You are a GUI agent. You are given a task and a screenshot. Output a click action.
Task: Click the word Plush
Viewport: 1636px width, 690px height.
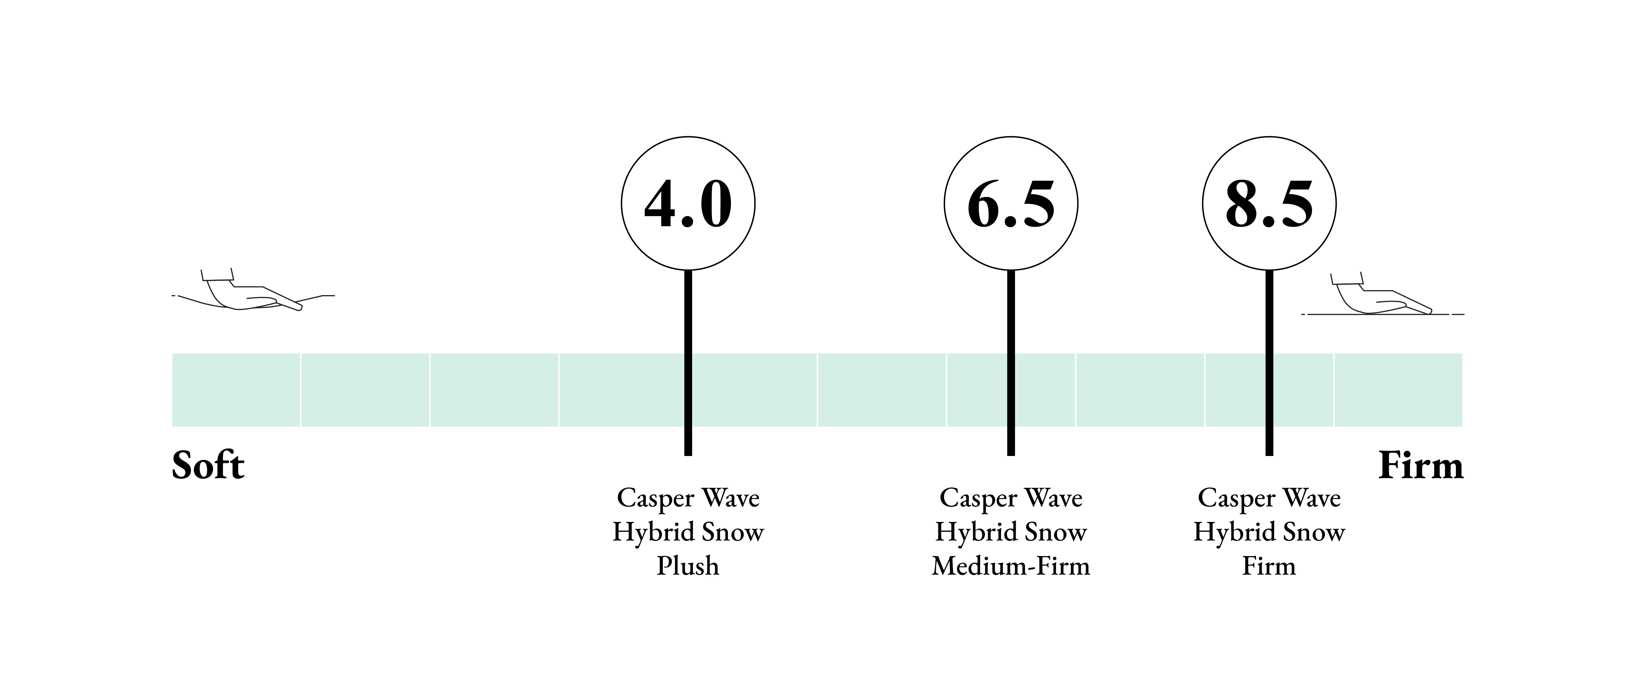tap(688, 566)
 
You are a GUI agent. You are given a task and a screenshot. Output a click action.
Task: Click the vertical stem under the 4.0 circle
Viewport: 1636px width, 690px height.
tap(688, 363)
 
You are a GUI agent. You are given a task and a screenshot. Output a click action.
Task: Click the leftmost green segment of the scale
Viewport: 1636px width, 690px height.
tap(236, 390)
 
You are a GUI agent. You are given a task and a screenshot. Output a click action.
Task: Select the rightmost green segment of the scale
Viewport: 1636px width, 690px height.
tap(1399, 390)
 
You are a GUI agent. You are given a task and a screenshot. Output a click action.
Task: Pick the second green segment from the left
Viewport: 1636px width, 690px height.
tap(365, 390)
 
